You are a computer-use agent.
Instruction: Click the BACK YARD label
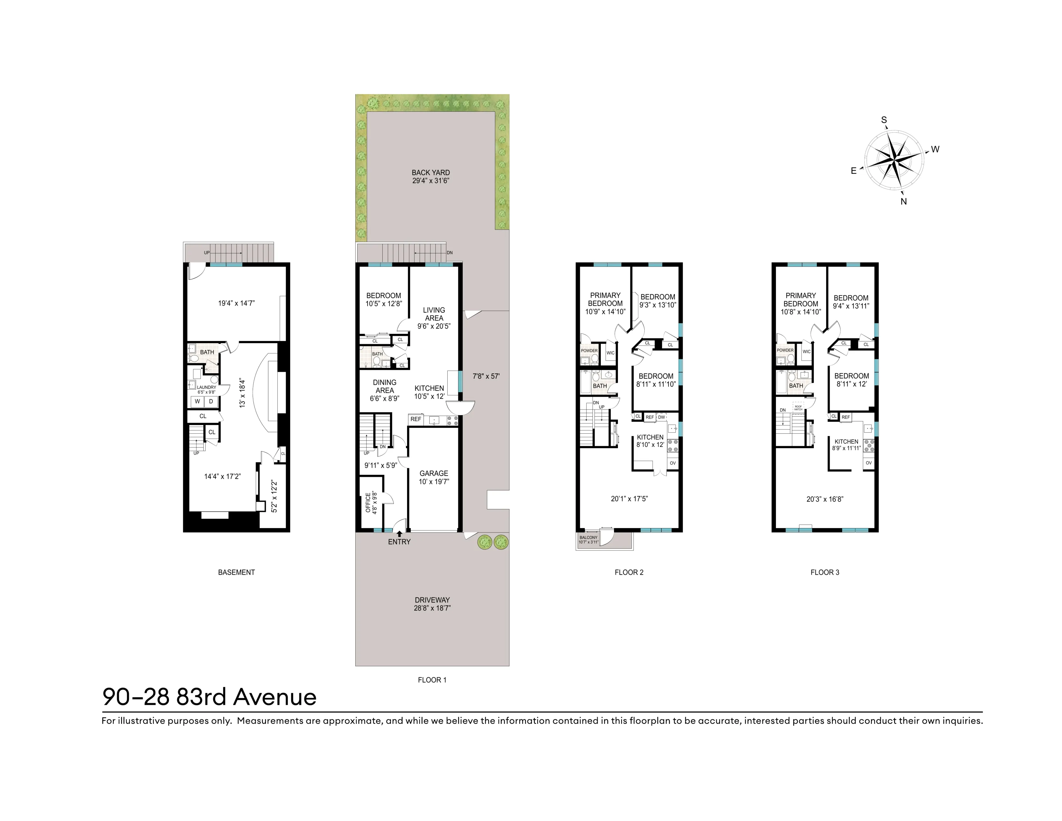tap(430, 173)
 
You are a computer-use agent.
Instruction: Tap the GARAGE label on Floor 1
tap(433, 473)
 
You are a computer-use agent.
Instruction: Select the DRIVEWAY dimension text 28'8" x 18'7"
tap(432, 608)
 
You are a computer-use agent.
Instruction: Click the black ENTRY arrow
tap(399, 533)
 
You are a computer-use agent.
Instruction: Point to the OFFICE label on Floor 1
tap(368, 503)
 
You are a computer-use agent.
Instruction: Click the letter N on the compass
tap(903, 201)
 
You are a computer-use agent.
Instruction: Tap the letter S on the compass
tap(884, 120)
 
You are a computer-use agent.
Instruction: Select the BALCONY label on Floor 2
tap(588, 537)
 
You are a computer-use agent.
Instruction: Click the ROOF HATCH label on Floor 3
tap(798, 408)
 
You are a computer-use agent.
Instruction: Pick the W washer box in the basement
tap(197, 401)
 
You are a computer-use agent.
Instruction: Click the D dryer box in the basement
tap(211, 401)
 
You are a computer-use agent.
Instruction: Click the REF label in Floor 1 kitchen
tap(416, 419)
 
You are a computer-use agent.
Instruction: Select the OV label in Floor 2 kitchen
tap(673, 463)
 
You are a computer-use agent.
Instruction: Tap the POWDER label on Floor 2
tap(589, 350)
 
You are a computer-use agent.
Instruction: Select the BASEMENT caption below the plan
tap(236, 572)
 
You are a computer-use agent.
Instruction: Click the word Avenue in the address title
tap(275, 697)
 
